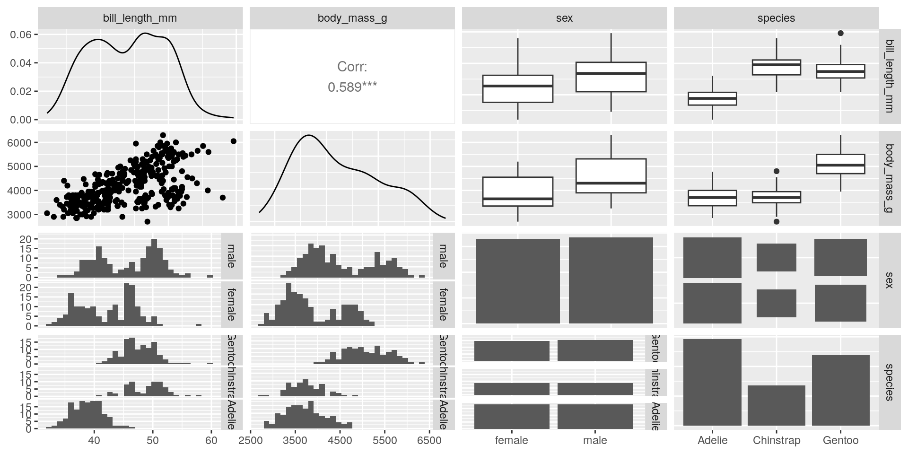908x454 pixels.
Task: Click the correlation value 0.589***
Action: (352, 87)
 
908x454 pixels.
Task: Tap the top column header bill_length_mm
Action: (140, 18)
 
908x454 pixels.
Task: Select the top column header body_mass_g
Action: (352, 18)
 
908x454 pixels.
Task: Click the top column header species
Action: (776, 18)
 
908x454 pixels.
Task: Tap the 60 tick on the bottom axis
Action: (211, 441)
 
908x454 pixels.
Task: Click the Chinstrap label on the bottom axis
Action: (777, 441)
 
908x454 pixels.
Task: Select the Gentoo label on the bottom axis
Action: (840, 441)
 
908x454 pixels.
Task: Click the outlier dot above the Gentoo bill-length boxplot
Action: (840, 33)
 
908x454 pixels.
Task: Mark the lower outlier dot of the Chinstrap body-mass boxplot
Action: (777, 221)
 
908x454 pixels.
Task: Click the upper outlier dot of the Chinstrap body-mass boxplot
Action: (777, 171)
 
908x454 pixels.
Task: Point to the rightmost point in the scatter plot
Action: (233, 141)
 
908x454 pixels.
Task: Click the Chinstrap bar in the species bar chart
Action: (777, 405)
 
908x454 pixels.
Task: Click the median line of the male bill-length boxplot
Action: (611, 73)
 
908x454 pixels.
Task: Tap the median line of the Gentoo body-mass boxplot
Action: (840, 165)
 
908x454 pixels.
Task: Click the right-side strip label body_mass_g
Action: (889, 178)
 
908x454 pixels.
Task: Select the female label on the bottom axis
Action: (511, 441)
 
